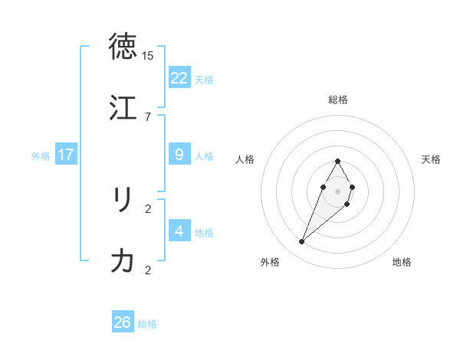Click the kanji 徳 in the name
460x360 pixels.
[x=123, y=47]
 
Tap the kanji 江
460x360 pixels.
[x=123, y=107]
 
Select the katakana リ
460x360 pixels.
[x=123, y=200]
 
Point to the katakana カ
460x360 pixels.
[x=123, y=261]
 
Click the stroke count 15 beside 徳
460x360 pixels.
[x=148, y=56]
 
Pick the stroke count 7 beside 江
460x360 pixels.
[x=148, y=116]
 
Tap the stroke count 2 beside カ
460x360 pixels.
[x=148, y=270]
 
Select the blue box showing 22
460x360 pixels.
[x=179, y=78]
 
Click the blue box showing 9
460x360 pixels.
[x=179, y=155]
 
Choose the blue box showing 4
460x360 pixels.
[x=179, y=231]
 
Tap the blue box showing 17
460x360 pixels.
[x=66, y=155]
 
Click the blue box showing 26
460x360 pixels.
[x=123, y=322]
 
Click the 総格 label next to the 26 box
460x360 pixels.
[x=147, y=324]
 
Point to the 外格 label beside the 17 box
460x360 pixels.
[x=41, y=156]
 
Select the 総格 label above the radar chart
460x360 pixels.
[x=338, y=100]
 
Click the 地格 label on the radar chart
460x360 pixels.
[x=402, y=263]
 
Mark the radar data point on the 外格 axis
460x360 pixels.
[x=302, y=242]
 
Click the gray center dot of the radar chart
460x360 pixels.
[x=338, y=191]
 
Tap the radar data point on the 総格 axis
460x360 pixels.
[x=338, y=161]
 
